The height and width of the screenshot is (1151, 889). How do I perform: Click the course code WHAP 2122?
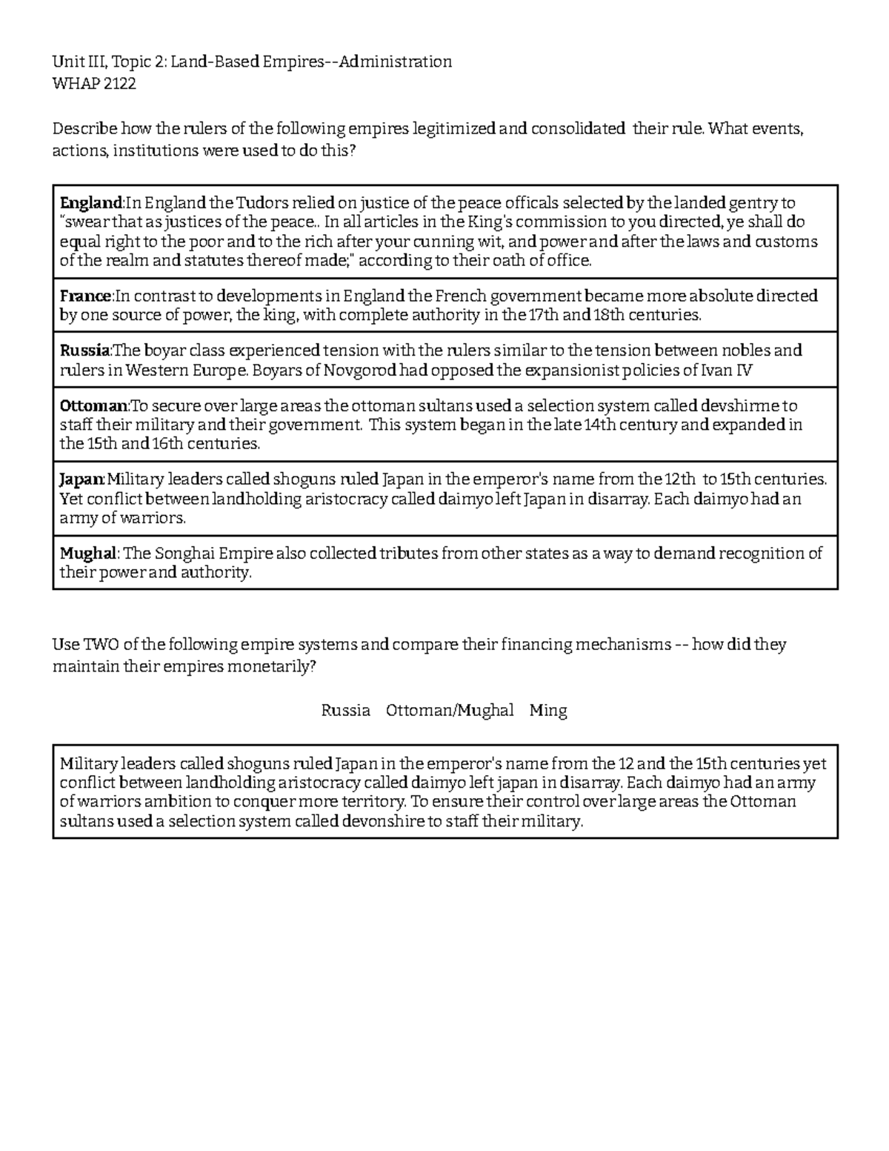(x=94, y=84)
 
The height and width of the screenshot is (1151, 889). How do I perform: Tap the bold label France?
(x=85, y=296)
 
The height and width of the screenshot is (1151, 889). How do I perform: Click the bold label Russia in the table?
(x=84, y=351)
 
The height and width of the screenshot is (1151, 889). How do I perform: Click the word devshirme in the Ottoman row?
(x=745, y=406)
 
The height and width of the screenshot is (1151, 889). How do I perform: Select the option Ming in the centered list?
(x=548, y=711)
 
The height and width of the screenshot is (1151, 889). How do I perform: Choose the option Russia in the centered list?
(x=345, y=711)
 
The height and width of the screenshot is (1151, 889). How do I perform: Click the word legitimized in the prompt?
(x=453, y=129)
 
